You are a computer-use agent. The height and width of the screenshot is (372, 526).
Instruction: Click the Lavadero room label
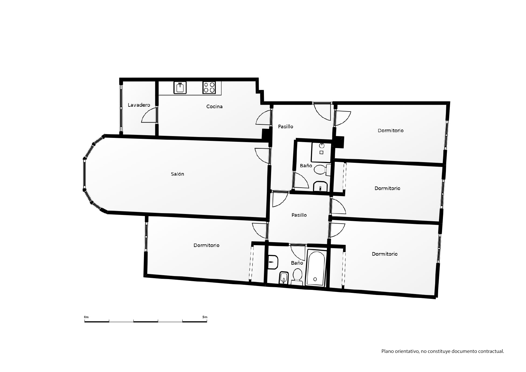pos(139,105)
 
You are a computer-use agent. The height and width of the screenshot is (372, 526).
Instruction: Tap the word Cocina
pos(214,106)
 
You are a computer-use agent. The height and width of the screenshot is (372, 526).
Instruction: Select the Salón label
pos(178,174)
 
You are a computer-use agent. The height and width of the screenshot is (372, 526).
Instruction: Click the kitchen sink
pos(180,88)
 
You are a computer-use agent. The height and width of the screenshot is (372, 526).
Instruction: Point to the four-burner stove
pos(209,88)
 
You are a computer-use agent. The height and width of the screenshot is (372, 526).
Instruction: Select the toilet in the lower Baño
pos(297,276)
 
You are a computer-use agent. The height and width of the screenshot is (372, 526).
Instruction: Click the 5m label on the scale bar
pos(205,317)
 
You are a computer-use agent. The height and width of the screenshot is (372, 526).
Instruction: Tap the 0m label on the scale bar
pos(86,317)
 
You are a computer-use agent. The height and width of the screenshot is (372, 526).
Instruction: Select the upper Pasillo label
pos(285,126)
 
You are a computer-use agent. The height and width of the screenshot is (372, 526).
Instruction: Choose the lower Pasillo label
pos(299,215)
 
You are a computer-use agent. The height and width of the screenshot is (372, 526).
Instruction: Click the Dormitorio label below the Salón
pos(206,245)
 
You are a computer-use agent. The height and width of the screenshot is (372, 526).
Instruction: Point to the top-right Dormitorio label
pos(390,130)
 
